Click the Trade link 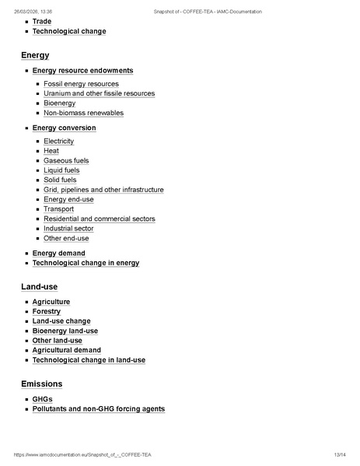(x=42, y=22)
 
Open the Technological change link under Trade (x=69, y=31)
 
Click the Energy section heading (x=35, y=55)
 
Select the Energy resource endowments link (x=82, y=71)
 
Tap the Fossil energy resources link (x=81, y=84)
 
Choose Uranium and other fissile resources (x=99, y=93)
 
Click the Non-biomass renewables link (x=83, y=113)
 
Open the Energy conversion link (x=64, y=128)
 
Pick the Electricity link (x=58, y=142)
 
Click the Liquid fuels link (x=61, y=170)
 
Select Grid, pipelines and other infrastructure (x=103, y=190)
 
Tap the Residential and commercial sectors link (x=100, y=219)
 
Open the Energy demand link (x=58, y=254)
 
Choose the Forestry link (x=47, y=311)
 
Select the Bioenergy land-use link (x=65, y=331)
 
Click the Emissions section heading (x=41, y=384)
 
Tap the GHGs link (x=42, y=399)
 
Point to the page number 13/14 (x=339, y=454)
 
